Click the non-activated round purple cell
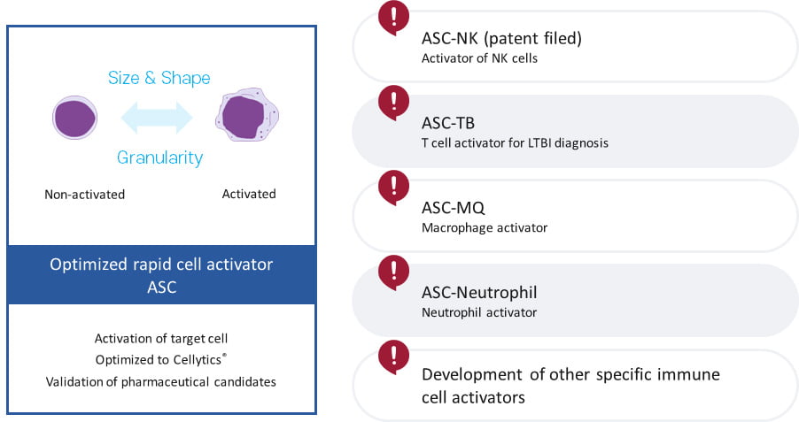tap(75, 118)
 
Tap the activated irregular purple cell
tap(247, 115)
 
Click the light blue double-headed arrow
tap(157, 118)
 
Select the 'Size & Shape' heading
tap(159, 78)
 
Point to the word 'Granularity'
tap(160, 157)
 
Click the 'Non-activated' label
tap(84, 195)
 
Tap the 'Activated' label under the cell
tap(249, 194)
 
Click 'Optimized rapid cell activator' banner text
tap(161, 265)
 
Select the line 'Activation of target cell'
tap(161, 339)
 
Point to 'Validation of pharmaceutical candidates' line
tap(161, 382)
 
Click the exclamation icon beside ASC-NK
tap(393, 18)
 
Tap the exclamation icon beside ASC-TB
tap(393, 103)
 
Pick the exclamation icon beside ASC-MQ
tap(393, 188)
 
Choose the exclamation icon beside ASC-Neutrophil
tap(393, 272)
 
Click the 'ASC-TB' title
tap(448, 123)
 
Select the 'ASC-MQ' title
tap(453, 208)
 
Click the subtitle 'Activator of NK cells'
tap(479, 58)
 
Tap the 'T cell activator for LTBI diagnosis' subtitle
tap(515, 143)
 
